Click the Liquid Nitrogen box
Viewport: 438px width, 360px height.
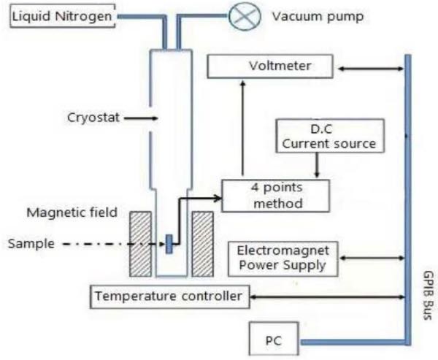pyautogui.click(x=63, y=16)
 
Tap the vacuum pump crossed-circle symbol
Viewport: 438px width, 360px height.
pyautogui.click(x=245, y=15)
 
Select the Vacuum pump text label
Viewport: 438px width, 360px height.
pyautogui.click(x=318, y=17)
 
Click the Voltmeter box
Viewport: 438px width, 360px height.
pyautogui.click(x=270, y=66)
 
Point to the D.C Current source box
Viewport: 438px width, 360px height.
pyautogui.click(x=330, y=136)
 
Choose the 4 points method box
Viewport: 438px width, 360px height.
pyautogui.click(x=276, y=196)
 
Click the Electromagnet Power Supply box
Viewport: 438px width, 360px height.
pyautogui.click(x=283, y=258)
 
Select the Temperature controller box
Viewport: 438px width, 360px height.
pyautogui.click(x=170, y=296)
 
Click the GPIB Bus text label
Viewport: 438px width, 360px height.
pyautogui.click(x=428, y=295)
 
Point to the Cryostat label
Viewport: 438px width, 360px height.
pyautogui.click(x=93, y=118)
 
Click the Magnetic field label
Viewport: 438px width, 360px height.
pyautogui.click(x=72, y=212)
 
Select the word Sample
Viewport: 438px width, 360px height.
pyautogui.click(x=31, y=243)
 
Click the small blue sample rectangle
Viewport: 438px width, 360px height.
pyautogui.click(x=169, y=244)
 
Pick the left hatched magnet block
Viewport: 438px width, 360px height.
pyautogui.click(x=140, y=244)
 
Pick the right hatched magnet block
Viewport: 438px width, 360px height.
pyautogui.click(x=203, y=244)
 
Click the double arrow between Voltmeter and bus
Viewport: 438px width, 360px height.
pyautogui.click(x=371, y=68)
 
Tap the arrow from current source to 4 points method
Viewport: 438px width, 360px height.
pyautogui.click(x=317, y=165)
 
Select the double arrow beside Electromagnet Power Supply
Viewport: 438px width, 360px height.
pyautogui.click(x=372, y=258)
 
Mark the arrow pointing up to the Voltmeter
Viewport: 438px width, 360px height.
pyautogui.click(x=243, y=128)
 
